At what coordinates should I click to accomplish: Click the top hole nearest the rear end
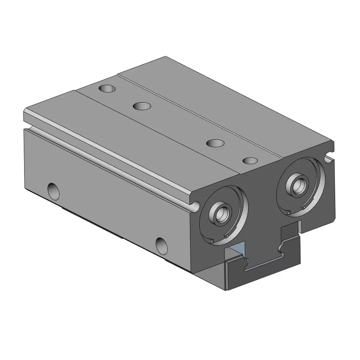click(107, 88)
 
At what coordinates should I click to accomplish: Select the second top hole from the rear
click(142, 106)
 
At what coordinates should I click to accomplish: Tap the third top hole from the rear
click(215, 143)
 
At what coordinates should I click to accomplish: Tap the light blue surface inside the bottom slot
click(238, 249)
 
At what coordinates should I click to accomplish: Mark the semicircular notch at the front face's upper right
click(328, 157)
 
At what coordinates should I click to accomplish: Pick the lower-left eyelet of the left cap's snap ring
click(212, 241)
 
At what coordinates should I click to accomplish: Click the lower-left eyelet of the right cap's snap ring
click(289, 213)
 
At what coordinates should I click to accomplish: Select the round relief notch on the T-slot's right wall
click(280, 248)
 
